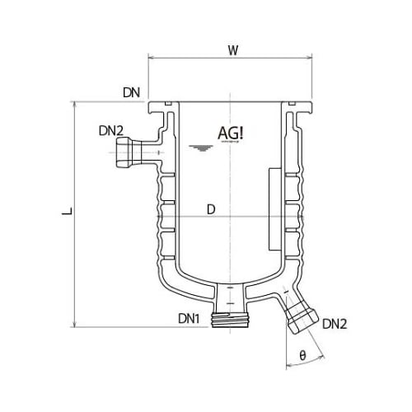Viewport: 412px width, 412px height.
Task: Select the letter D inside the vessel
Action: pyautogui.click(x=211, y=209)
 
